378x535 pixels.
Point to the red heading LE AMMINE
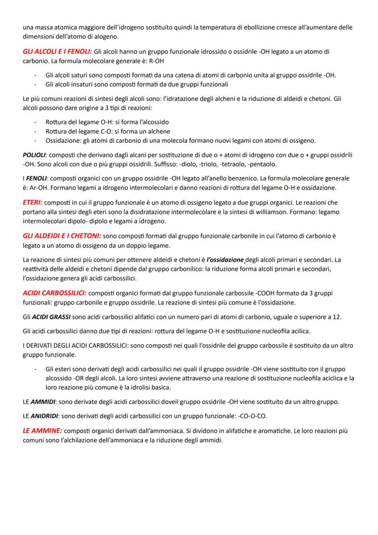[42, 431]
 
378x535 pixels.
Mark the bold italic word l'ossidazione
[225, 260]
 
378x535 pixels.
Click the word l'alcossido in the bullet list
[152, 122]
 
